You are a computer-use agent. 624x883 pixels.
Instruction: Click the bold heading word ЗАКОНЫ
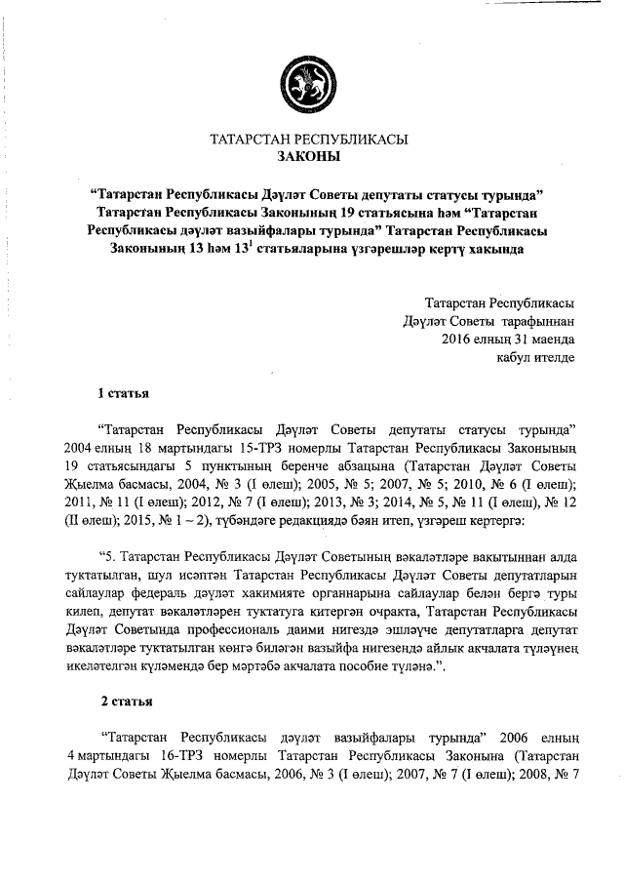pos(309,156)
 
